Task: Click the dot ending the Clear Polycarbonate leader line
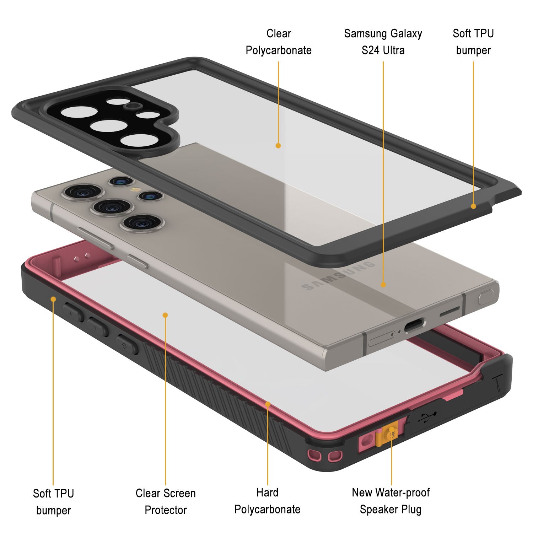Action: tap(278, 145)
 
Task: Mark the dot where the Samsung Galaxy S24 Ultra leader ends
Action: tap(383, 284)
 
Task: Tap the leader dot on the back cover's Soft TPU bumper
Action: tap(473, 206)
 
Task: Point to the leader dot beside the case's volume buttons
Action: tap(53, 299)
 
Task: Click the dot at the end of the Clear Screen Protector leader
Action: tap(165, 315)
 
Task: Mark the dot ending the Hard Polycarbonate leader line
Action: tap(268, 404)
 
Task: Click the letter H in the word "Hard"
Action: tap(259, 492)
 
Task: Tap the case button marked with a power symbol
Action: tap(127, 344)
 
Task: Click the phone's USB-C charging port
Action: tap(414, 325)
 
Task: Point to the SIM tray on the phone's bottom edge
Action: tap(382, 339)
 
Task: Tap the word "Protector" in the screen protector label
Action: tap(166, 510)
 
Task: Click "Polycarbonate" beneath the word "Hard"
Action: tap(267, 509)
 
